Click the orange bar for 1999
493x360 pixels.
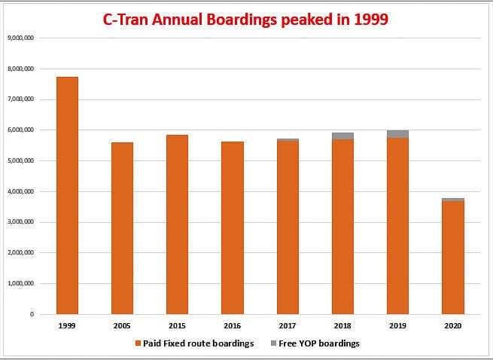(x=67, y=196)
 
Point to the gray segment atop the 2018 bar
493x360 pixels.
(x=342, y=136)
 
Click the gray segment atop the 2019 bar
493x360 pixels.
(x=397, y=134)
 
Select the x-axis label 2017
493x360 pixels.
(x=288, y=326)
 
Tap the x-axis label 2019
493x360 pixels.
(x=397, y=326)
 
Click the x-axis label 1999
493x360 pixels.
(x=67, y=326)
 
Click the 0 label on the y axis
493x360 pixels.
(x=32, y=314)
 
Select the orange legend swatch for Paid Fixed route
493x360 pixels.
(x=138, y=343)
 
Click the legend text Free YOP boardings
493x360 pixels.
(x=318, y=343)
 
